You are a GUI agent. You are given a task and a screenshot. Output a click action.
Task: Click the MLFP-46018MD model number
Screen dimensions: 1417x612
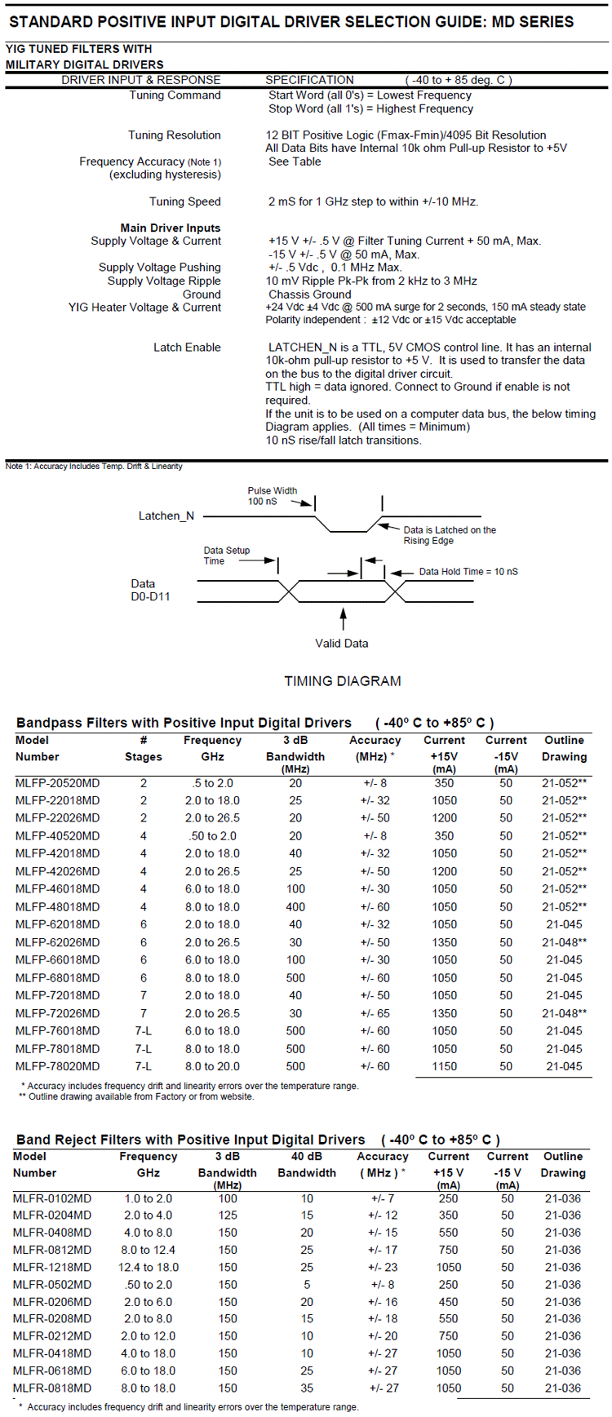(x=57, y=889)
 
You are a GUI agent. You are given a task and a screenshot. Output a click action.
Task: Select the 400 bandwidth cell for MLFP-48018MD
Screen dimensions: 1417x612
(x=295, y=907)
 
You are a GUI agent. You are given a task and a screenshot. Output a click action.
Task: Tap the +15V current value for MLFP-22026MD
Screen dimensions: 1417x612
(x=445, y=818)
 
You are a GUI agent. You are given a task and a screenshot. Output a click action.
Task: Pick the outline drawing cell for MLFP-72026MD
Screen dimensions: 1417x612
(x=564, y=1013)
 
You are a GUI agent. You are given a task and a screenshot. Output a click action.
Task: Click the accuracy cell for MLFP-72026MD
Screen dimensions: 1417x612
(x=375, y=1013)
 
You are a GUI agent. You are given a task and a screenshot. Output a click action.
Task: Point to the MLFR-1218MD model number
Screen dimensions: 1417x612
(x=52, y=1267)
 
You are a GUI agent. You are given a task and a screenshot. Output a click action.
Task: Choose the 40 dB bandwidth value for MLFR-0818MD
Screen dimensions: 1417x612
(x=307, y=1388)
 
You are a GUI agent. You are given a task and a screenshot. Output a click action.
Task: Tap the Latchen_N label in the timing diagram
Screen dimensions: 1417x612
(x=166, y=516)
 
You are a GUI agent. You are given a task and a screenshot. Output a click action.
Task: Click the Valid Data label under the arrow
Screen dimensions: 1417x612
(x=342, y=644)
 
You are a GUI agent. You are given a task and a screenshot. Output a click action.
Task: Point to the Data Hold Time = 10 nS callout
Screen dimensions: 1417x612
(x=468, y=572)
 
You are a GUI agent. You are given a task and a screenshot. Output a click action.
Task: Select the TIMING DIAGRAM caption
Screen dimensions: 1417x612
(x=343, y=681)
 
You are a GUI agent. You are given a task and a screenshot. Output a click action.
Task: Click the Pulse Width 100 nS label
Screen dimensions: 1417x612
(x=272, y=496)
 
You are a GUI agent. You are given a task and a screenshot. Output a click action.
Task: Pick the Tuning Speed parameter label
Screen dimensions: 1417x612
(x=184, y=201)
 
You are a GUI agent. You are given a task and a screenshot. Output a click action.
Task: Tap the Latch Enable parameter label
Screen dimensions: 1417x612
(x=187, y=348)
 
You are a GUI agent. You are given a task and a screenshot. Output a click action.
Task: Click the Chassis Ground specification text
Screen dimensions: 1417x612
(x=309, y=294)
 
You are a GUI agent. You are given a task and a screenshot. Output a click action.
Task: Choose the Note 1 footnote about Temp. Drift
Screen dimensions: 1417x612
(x=94, y=467)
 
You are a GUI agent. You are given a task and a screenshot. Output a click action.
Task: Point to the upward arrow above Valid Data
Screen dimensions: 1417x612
(x=343, y=618)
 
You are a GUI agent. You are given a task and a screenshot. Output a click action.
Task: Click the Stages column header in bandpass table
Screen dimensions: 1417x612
(x=144, y=757)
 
